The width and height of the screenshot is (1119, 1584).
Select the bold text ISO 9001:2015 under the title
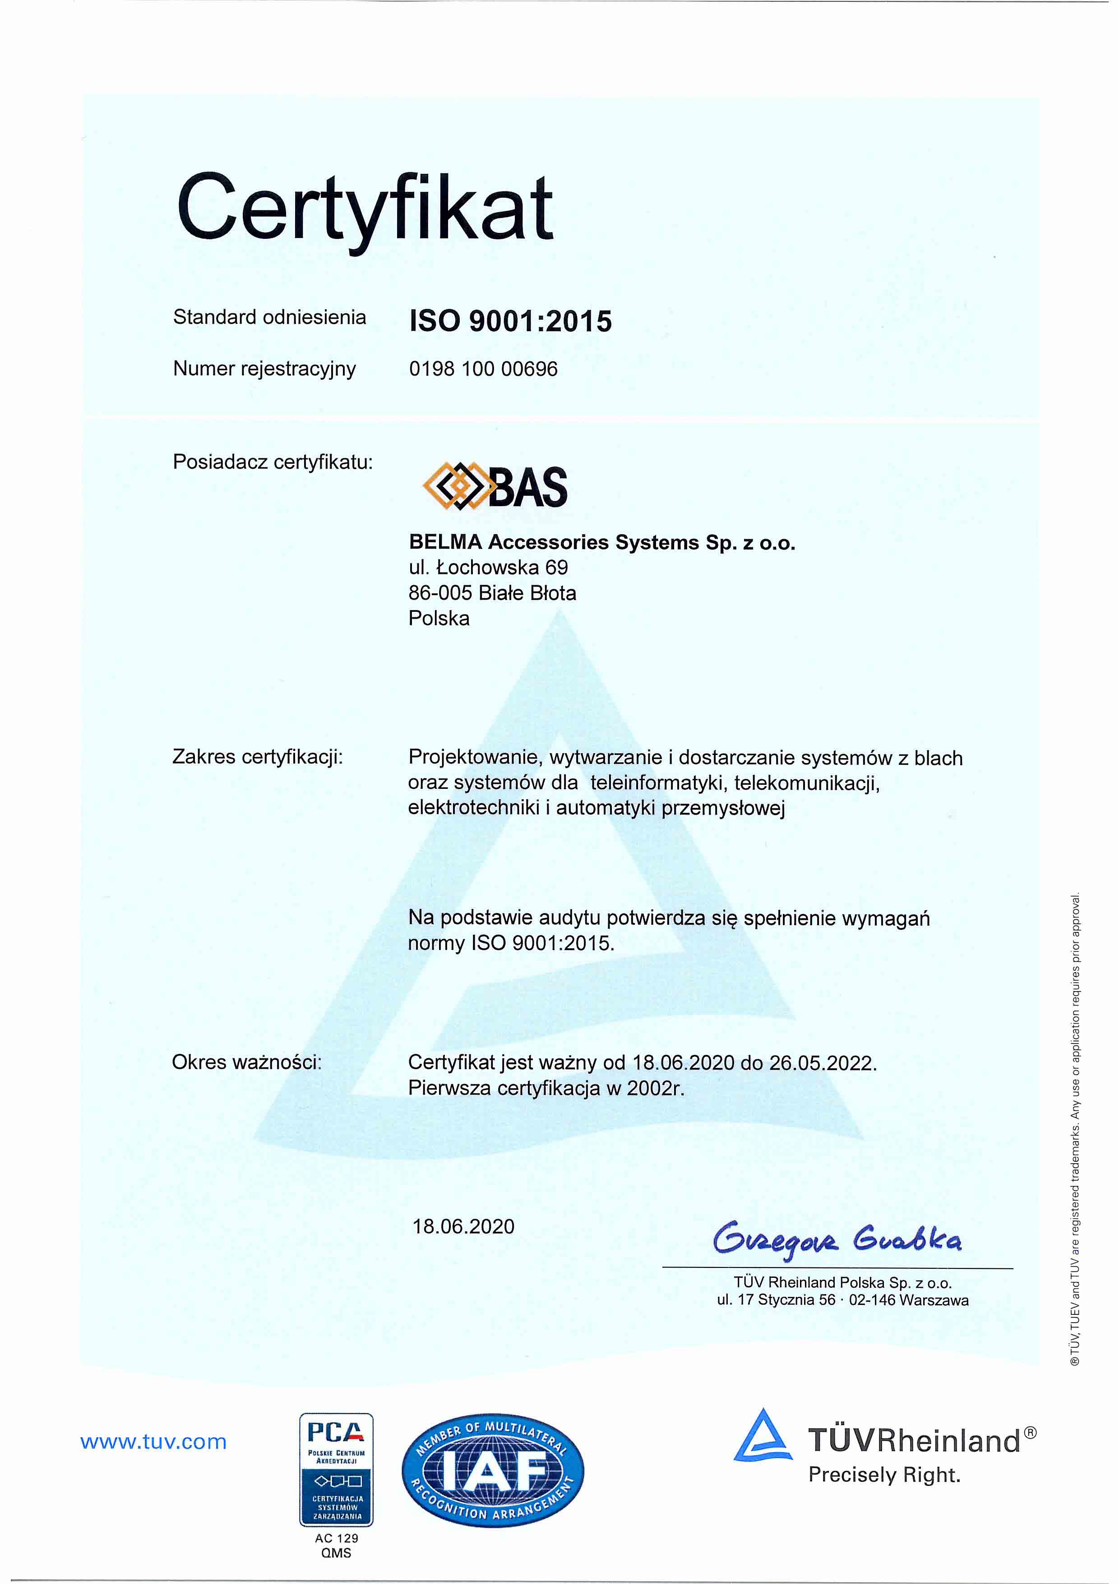(x=510, y=321)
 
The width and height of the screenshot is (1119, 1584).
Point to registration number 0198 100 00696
(x=483, y=369)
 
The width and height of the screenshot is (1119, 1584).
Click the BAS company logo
(x=495, y=486)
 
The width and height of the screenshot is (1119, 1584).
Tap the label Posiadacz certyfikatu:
(x=273, y=461)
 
